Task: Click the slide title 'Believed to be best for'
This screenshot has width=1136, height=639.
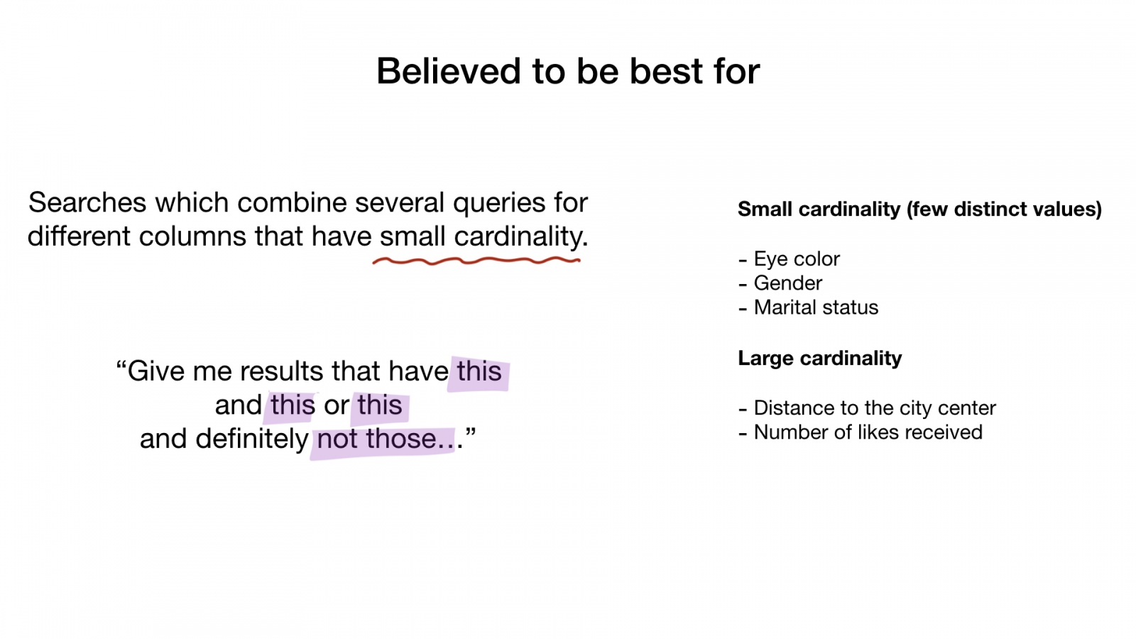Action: point(568,71)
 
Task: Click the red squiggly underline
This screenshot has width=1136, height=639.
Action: point(476,261)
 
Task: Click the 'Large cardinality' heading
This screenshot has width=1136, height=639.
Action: point(820,358)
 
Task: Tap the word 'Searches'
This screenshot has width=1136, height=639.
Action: point(87,202)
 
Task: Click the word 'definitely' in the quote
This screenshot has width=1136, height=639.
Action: point(252,439)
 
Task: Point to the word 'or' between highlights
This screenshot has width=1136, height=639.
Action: point(337,405)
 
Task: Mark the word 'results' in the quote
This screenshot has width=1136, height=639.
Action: point(281,371)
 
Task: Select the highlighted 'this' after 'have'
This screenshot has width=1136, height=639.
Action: point(479,371)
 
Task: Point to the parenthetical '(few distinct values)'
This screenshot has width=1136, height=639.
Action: point(1004,209)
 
